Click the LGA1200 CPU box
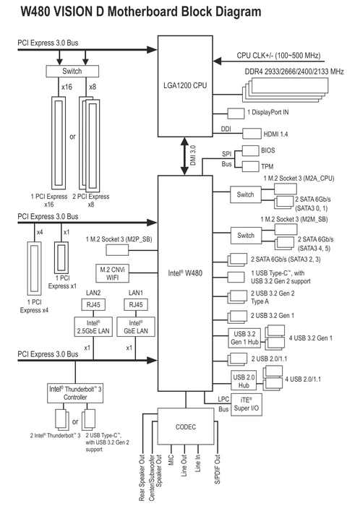tap(185, 86)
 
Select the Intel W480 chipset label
tap(185, 273)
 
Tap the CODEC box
tap(186, 426)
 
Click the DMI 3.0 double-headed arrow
tap(184, 156)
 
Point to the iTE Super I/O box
tap(246, 404)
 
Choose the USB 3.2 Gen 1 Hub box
tap(244, 338)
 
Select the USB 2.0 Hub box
tap(244, 381)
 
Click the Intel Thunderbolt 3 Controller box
tap(75, 393)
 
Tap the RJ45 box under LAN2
tap(93, 304)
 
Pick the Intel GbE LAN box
tap(136, 327)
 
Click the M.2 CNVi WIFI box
tap(112, 273)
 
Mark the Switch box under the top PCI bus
tap(72, 71)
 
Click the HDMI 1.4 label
tap(276, 134)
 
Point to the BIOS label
tap(268, 150)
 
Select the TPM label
tap(267, 166)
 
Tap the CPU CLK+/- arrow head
tap(218, 61)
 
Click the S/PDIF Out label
tap(218, 469)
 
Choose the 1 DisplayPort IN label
tap(268, 112)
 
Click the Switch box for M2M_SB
tap(246, 236)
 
